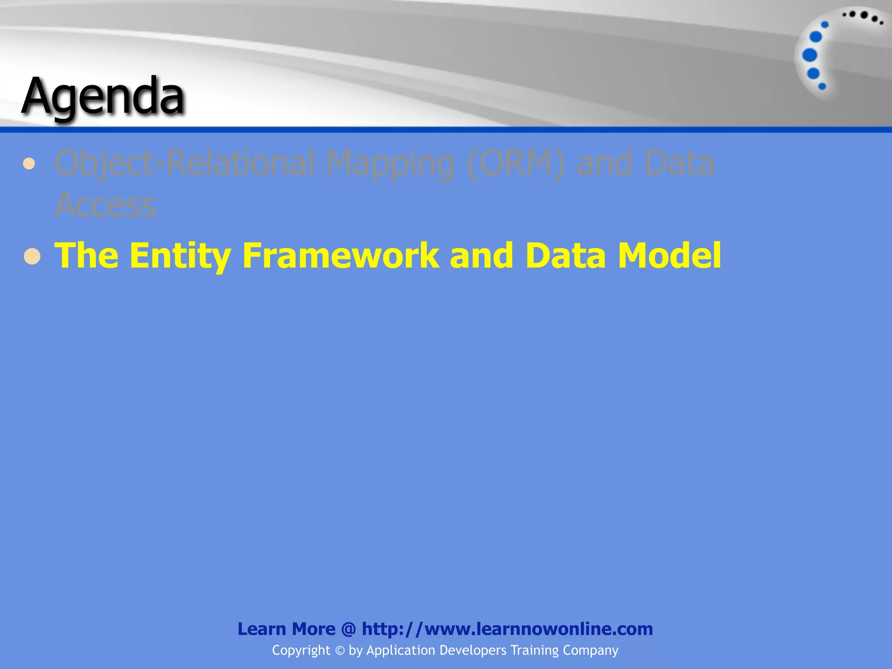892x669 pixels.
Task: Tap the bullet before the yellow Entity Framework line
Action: click(32, 257)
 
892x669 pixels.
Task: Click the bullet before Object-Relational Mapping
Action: click(29, 164)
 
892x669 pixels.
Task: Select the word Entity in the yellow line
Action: click(179, 256)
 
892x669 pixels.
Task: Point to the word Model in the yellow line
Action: click(669, 256)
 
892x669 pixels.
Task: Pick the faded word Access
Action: click(105, 205)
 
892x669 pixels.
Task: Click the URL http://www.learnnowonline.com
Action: click(507, 629)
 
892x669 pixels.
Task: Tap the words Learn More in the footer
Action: click(286, 629)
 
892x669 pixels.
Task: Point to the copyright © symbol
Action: click(340, 651)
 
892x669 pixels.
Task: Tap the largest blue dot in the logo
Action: click(810, 55)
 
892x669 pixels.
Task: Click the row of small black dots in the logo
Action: click(862, 17)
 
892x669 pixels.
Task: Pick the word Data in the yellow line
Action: click(565, 256)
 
